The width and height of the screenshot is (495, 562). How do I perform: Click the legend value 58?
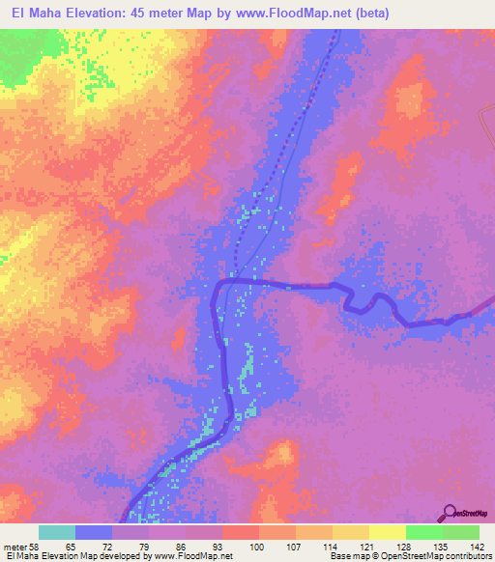coord(36,547)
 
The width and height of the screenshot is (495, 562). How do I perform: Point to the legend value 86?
coord(181,547)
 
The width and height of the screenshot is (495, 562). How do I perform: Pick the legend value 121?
coord(364,547)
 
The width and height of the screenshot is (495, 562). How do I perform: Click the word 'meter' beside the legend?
coord(15,547)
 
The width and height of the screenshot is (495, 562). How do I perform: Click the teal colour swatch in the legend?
coord(57,532)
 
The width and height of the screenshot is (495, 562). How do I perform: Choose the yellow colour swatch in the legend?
coord(387,532)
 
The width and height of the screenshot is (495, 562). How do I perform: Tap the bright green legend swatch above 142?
coord(460,532)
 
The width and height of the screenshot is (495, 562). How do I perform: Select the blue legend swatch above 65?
coord(94,532)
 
